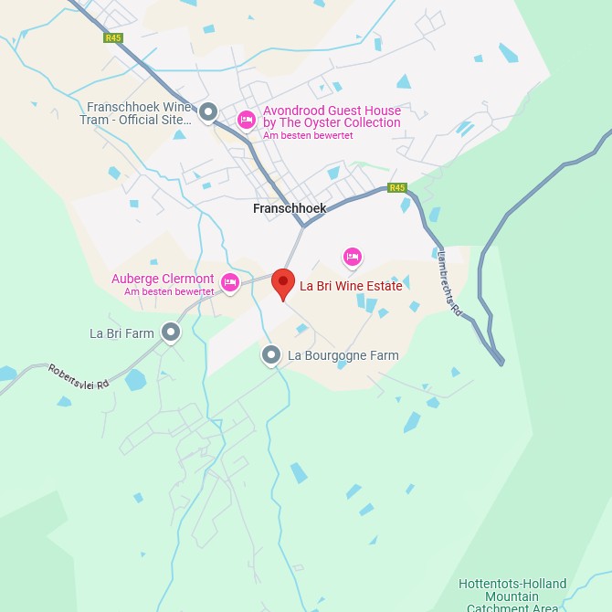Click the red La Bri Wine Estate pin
point(284,283)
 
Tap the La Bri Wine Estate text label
point(351,286)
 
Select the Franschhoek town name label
point(290,208)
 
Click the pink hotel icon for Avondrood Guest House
point(246,120)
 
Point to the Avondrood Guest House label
point(332,117)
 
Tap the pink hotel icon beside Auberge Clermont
point(230,282)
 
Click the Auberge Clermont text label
point(163,279)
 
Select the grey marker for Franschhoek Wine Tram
point(208,112)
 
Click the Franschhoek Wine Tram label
point(139,113)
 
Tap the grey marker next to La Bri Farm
point(171,332)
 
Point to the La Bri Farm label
point(121,333)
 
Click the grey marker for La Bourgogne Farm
point(270,354)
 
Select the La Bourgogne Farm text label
point(343,355)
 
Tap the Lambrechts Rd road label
point(450,284)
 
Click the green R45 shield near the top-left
point(113,38)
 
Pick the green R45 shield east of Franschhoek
point(396,187)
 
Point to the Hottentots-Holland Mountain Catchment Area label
point(512,596)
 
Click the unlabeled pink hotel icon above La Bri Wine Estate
point(353,257)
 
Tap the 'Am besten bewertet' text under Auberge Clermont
point(169,292)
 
